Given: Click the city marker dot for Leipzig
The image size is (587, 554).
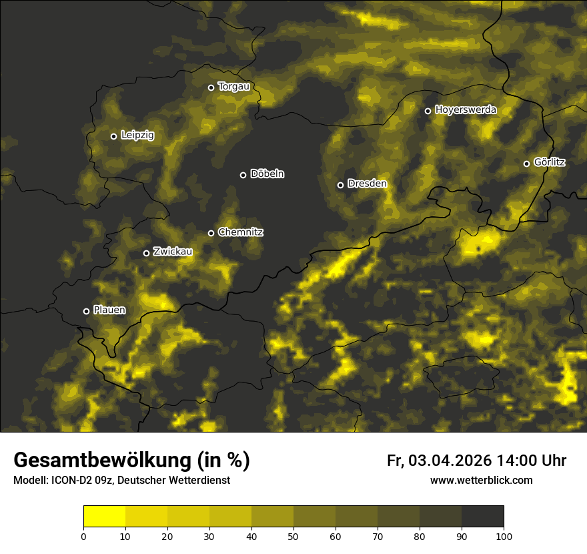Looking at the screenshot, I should click(x=113, y=136).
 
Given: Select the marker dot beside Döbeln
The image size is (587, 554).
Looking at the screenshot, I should click(x=243, y=175).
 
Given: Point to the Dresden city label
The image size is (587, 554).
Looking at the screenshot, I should click(x=367, y=184).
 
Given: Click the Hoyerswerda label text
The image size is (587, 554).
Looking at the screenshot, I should click(x=466, y=110).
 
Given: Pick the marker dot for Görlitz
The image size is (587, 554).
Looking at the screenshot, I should click(x=526, y=164).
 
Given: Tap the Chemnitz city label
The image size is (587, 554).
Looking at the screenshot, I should click(x=240, y=232).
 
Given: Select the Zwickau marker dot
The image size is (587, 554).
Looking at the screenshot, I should click(x=147, y=253).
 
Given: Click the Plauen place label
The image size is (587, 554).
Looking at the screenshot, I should click(x=109, y=310).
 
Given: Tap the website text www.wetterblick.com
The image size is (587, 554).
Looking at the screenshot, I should click(x=482, y=480).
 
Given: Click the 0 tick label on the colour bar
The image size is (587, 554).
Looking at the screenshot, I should click(x=83, y=536).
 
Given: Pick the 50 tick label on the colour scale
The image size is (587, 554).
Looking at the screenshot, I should click(x=293, y=536).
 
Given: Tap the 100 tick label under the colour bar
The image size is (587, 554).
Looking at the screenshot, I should click(x=504, y=536).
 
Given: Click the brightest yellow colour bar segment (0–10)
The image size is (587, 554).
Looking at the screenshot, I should click(x=104, y=517).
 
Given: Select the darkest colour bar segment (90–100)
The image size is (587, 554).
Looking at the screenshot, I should click(x=482, y=517).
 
